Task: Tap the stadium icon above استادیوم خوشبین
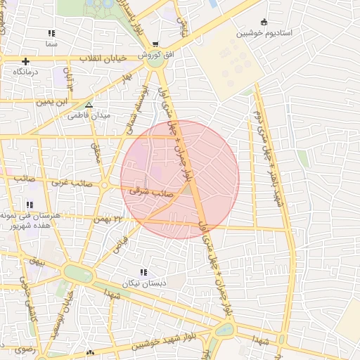click(x=264, y=22)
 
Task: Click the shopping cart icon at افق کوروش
click(x=155, y=44)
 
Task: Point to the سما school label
click(x=51, y=44)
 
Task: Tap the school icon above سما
click(x=51, y=33)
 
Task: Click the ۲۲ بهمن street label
click(x=108, y=219)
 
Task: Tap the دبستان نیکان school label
click(x=143, y=283)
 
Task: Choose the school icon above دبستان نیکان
click(x=143, y=272)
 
